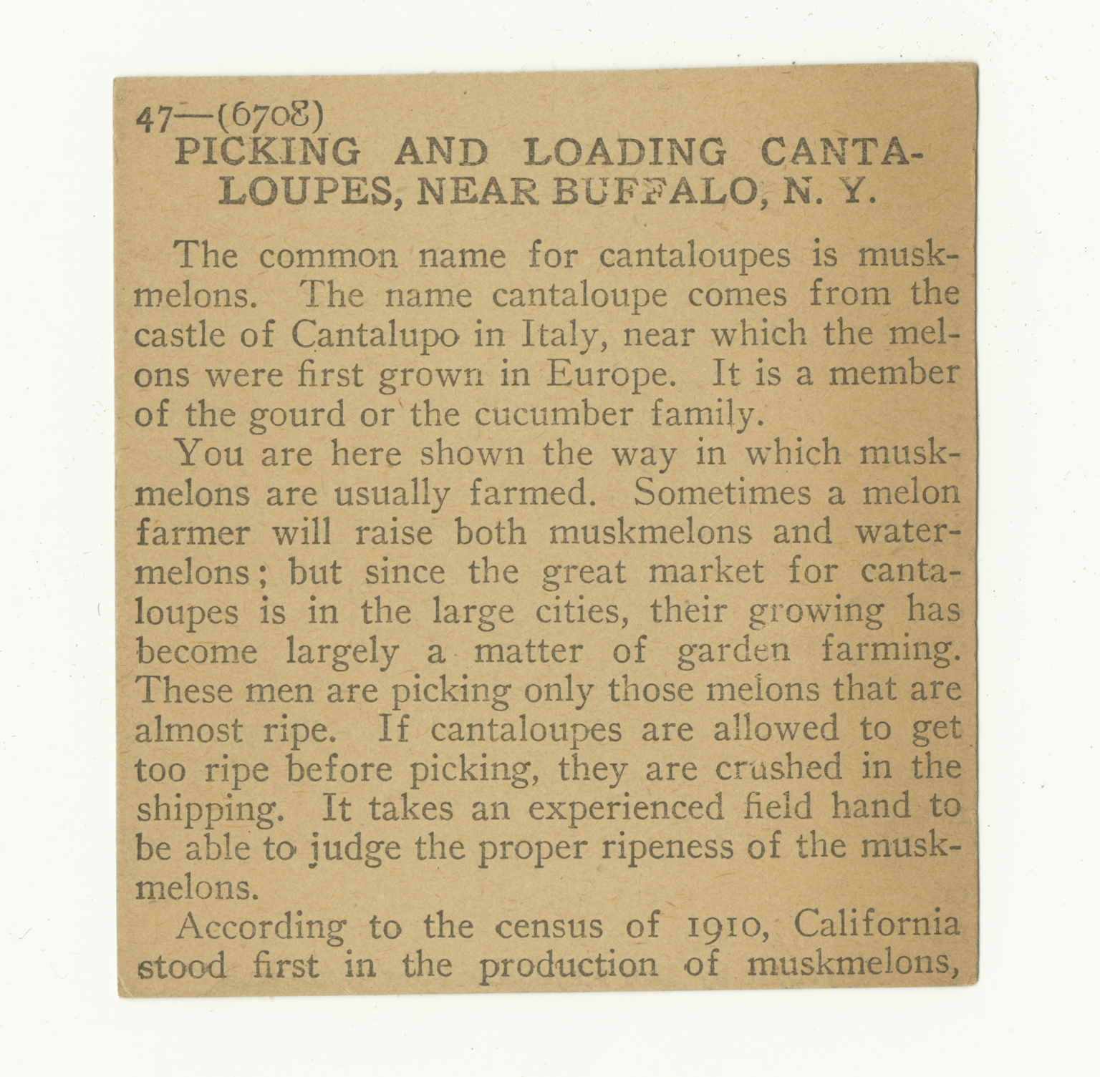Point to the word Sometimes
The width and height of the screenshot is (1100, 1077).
click(x=723, y=493)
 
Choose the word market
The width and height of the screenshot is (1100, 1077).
click(x=705, y=572)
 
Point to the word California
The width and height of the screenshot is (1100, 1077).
click(x=877, y=925)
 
